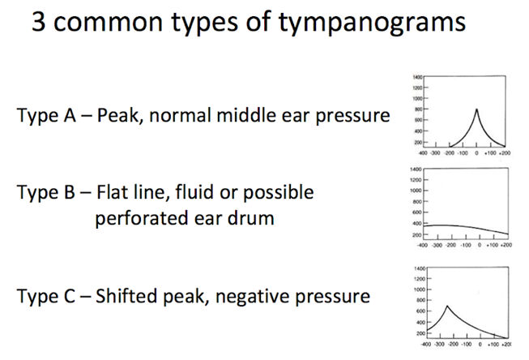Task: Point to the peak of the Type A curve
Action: [476, 109]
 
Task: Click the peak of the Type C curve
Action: [448, 306]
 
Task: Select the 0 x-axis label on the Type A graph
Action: [477, 152]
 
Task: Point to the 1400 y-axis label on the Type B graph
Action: [416, 169]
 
